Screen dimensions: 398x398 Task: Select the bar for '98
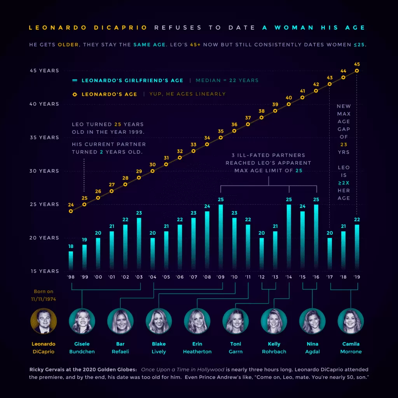click(x=71, y=260)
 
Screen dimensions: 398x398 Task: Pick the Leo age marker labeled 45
click(x=357, y=71)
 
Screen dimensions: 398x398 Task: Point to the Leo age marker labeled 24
click(x=71, y=211)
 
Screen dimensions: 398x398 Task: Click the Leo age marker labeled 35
click(x=221, y=138)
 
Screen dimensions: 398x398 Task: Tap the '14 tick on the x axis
click(x=289, y=277)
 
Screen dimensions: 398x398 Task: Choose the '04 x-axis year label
click(x=152, y=277)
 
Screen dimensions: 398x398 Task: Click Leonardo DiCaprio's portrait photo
click(x=44, y=321)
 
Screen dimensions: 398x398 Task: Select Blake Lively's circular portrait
click(x=159, y=321)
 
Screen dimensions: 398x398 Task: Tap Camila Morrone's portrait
click(x=351, y=321)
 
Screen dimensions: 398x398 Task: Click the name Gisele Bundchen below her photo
click(x=82, y=348)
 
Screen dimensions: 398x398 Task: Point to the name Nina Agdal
click(x=312, y=348)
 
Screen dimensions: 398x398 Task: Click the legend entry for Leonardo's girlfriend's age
click(x=132, y=80)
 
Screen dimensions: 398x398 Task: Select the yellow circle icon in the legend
click(x=75, y=94)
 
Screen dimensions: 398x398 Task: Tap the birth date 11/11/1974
click(x=44, y=299)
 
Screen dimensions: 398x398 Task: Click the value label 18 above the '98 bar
click(x=71, y=246)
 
